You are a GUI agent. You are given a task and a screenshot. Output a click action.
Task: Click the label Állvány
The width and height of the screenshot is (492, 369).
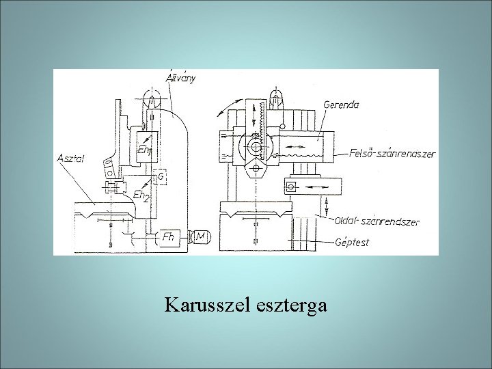pos(181,77)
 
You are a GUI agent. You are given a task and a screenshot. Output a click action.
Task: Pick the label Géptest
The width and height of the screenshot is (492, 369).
pos(354,242)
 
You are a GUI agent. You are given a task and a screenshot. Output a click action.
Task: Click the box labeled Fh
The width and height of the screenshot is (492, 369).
pos(168,236)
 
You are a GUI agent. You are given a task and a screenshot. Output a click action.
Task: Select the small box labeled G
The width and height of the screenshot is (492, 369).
pos(161,176)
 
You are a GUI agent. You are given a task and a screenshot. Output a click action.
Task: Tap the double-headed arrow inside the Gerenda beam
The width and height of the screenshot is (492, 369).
pos(295,146)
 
